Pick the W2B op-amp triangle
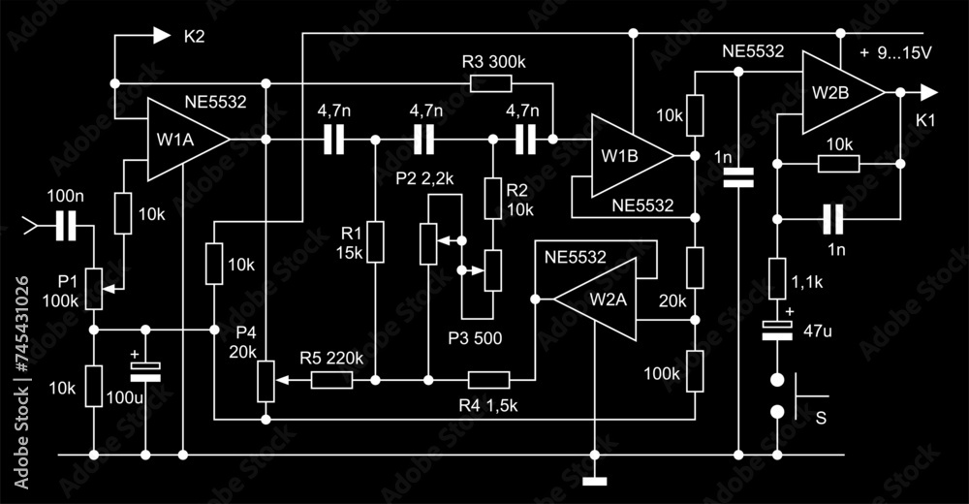[x=836, y=93]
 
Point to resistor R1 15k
[x=375, y=241]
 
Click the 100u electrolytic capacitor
[x=145, y=370]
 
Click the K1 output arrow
[x=927, y=93]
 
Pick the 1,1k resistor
[x=777, y=279]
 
